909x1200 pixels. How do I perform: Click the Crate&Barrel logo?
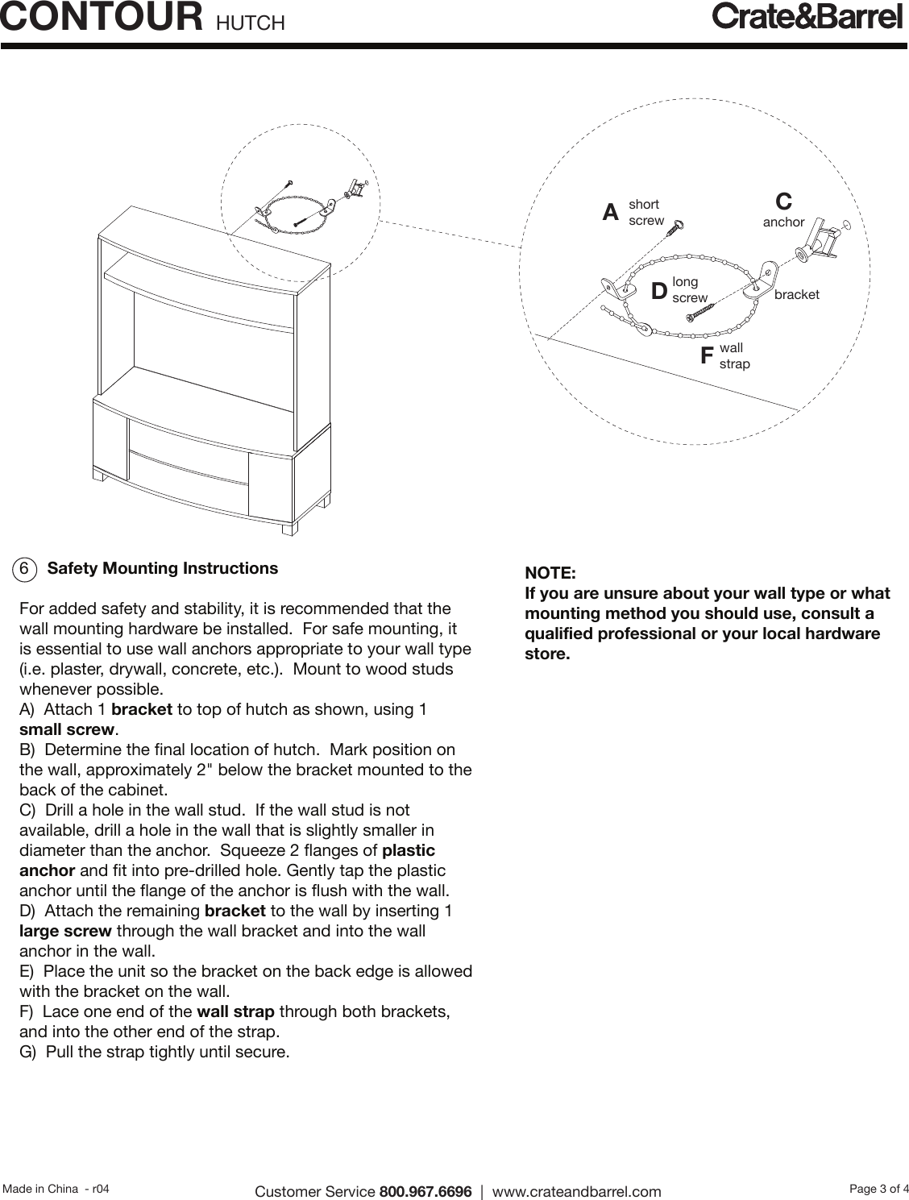[x=807, y=17]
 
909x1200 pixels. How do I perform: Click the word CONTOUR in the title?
[x=102, y=18]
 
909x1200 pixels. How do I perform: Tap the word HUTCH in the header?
[x=251, y=23]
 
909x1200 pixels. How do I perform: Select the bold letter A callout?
[x=611, y=213]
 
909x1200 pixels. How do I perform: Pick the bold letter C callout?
[x=783, y=201]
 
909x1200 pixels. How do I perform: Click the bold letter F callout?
[x=707, y=355]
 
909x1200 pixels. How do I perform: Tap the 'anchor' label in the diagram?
[x=783, y=222]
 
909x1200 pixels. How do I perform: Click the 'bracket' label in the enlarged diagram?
[x=796, y=294]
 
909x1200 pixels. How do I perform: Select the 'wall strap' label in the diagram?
[x=734, y=355]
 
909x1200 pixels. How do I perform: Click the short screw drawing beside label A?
[x=674, y=227]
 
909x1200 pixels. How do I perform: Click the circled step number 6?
[x=25, y=569]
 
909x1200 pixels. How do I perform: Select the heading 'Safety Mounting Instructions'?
[x=163, y=568]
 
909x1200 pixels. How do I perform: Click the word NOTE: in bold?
[x=550, y=573]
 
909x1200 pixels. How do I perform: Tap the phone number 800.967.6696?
[x=425, y=1191]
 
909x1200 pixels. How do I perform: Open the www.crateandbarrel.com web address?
[x=576, y=1191]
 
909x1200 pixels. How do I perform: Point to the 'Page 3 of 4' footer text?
[x=878, y=1187]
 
